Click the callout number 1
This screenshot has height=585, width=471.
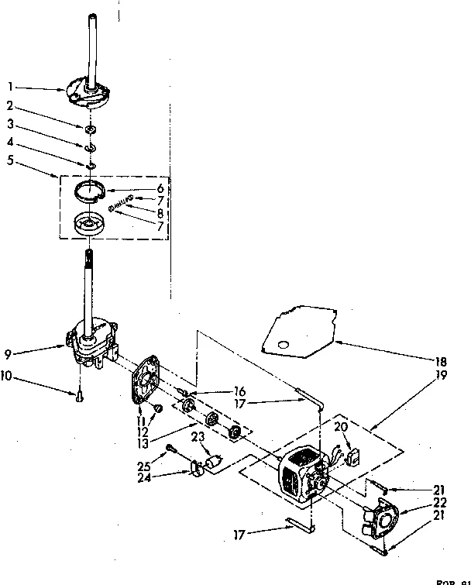point(9,87)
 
